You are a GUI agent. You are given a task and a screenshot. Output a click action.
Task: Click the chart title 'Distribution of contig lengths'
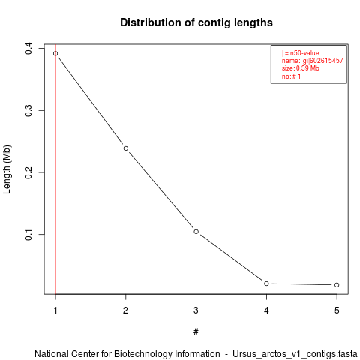coord(196,22)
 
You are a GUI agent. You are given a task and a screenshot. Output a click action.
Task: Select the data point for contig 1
coord(55,53)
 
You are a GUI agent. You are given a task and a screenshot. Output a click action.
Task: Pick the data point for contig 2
coord(126,148)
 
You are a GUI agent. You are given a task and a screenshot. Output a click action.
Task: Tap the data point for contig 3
coord(196,232)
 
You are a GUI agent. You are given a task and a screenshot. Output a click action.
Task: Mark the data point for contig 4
coord(266,283)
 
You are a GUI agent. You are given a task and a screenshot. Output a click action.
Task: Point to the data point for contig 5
coord(337,285)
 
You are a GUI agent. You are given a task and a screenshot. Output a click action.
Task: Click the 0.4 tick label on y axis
coord(28,49)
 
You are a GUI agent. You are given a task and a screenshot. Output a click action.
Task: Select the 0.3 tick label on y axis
coord(28,110)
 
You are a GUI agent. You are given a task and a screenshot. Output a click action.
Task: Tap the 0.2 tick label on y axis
coord(28,172)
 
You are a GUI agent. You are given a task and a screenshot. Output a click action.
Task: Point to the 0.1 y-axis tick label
coord(28,234)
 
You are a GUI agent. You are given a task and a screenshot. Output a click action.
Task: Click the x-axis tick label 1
coord(55,310)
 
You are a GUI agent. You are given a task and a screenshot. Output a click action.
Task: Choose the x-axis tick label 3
coord(196,310)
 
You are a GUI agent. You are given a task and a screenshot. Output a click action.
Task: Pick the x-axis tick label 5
coord(337,310)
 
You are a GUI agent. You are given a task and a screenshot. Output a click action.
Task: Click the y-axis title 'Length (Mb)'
coord(7,169)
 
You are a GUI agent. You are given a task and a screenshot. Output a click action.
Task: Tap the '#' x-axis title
coord(196,332)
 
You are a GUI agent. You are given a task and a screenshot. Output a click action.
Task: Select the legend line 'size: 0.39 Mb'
coord(301,68)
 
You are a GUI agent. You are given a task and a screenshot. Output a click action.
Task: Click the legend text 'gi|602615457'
coord(322,61)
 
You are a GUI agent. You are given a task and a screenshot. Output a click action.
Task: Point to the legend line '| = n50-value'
coord(301,53)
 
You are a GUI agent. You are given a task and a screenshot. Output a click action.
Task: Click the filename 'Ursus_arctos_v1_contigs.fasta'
coord(295,354)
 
